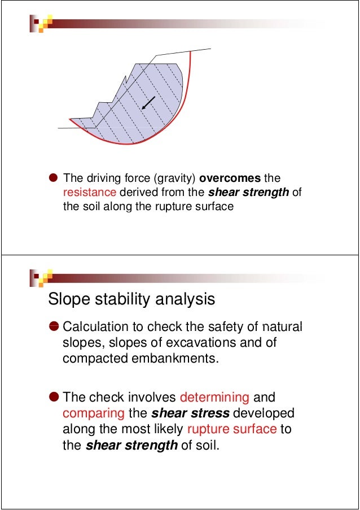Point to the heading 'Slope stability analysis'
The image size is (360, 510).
point(131,299)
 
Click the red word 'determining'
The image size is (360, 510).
point(214,398)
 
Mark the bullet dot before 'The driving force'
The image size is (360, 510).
point(53,179)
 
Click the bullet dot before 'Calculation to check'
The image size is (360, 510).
point(54,328)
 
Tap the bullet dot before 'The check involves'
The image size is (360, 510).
point(54,398)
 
